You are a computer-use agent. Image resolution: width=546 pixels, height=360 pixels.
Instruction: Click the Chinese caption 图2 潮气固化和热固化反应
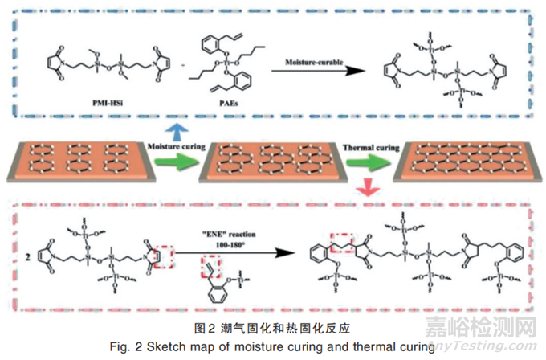click(x=272, y=329)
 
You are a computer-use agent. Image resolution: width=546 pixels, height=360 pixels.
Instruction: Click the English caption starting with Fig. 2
click(x=273, y=346)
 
